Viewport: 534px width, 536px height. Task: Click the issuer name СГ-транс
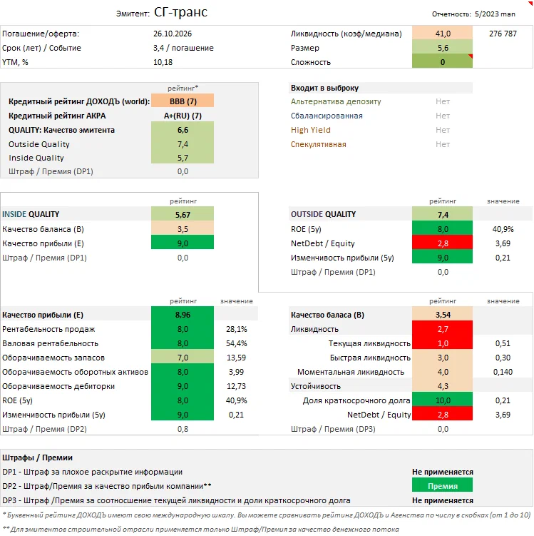coord(181,13)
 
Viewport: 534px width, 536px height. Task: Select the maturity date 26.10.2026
coord(173,34)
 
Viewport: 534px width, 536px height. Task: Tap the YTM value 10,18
coord(163,62)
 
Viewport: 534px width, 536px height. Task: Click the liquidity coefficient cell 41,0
coord(443,34)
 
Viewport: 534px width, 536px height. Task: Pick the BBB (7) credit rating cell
coord(183,101)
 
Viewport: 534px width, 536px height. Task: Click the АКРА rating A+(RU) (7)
coord(183,116)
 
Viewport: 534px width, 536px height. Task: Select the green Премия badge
coord(443,485)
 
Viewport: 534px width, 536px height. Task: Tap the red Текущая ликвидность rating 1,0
coord(443,343)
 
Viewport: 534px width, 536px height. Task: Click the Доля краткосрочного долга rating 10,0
coord(443,400)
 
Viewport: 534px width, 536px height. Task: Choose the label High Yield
coord(310,130)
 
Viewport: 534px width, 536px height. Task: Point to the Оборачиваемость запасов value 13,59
coord(236,358)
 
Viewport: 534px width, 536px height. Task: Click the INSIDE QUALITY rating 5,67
coord(183,214)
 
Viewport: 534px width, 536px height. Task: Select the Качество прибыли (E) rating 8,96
coord(183,315)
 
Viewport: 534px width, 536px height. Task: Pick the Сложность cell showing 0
coord(443,62)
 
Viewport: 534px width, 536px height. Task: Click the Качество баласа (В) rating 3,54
coord(443,315)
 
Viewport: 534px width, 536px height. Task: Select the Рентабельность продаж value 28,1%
coord(236,329)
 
